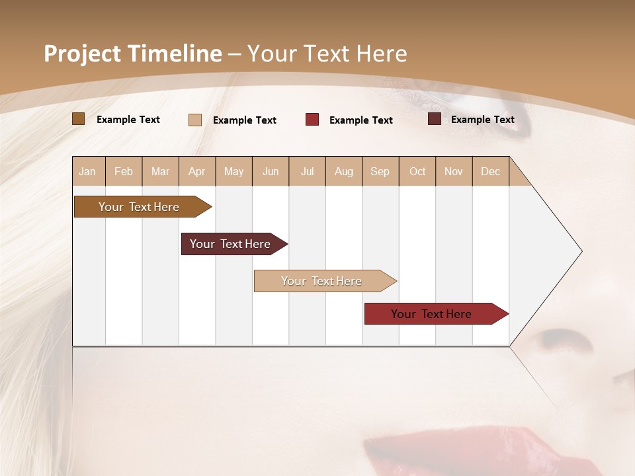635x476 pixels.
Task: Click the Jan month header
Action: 88,171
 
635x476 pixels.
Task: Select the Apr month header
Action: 197,171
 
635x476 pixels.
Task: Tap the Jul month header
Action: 308,171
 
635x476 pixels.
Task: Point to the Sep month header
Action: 380,171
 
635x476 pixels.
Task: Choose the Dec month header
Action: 491,171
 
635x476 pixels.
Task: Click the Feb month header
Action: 124,171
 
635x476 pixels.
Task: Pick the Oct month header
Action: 417,171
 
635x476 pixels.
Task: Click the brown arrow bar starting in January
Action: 139,207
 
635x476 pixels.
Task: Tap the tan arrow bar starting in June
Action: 322,281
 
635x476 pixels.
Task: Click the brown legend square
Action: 79,119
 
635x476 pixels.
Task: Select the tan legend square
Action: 195,120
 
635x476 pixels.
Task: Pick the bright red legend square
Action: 312,120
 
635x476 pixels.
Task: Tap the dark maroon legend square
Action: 435,119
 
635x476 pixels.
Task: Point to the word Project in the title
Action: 83,54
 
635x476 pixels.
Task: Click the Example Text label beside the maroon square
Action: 482,119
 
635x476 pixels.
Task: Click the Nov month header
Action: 454,171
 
